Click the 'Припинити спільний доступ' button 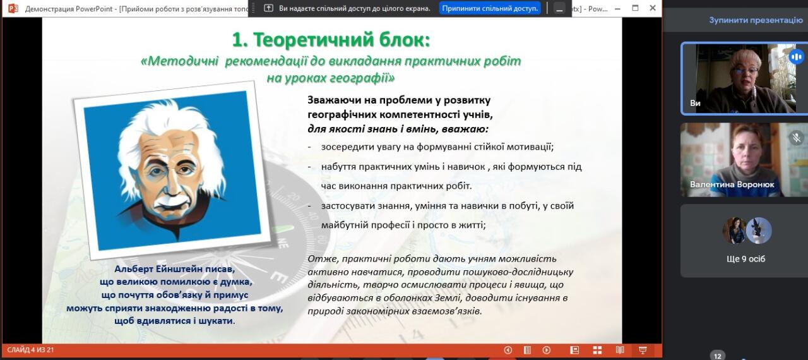click(489, 8)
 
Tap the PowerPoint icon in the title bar click(13, 8)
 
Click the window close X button click(653, 8)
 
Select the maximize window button click(635, 8)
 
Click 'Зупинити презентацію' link click(756, 20)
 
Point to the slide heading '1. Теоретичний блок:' click(331, 40)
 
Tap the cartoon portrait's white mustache click(174, 200)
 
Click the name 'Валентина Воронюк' click(732, 184)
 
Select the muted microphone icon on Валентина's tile click(797, 138)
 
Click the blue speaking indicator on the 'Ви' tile click(796, 57)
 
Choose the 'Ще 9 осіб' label click(746, 259)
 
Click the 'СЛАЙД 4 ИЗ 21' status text click(31, 350)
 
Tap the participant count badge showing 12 click(718, 356)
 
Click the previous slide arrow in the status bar click(508, 350)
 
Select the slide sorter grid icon click(597, 350)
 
